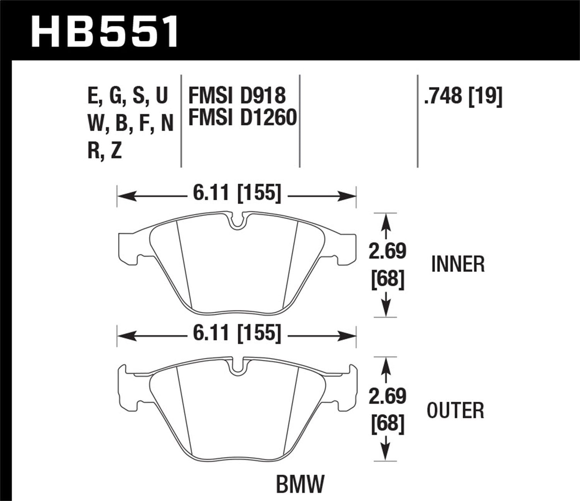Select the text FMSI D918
click(x=237, y=96)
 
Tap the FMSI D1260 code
click(x=242, y=118)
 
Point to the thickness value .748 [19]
click(x=463, y=95)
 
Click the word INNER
click(x=457, y=264)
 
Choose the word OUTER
click(x=455, y=411)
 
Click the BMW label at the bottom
click(x=300, y=484)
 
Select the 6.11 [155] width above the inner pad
click(x=237, y=193)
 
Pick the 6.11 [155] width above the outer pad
click(x=237, y=332)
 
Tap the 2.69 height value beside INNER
click(x=387, y=251)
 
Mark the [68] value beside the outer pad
click(x=387, y=424)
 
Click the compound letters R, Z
click(x=105, y=150)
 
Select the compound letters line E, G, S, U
click(x=128, y=96)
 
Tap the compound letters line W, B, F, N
click(x=130, y=123)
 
